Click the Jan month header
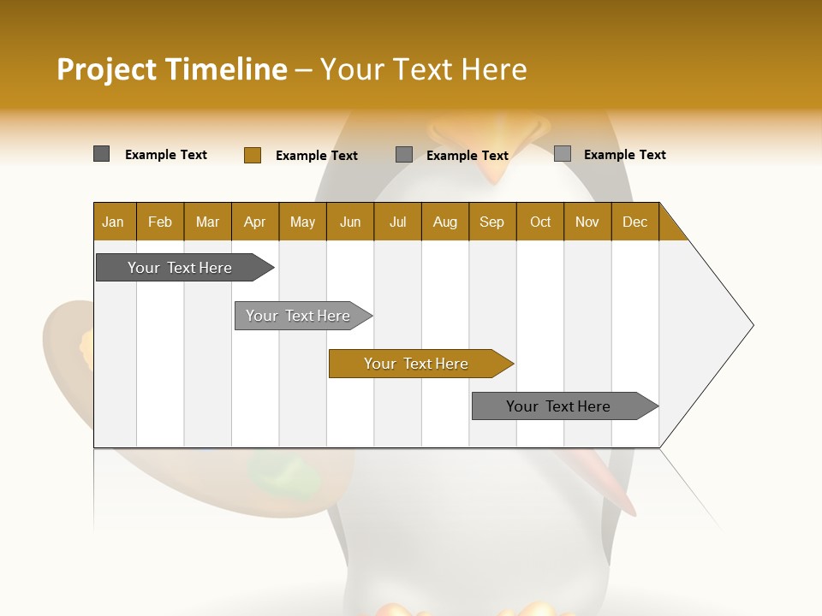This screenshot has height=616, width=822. (113, 222)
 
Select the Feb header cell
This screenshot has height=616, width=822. (160, 222)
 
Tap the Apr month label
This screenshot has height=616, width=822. (254, 222)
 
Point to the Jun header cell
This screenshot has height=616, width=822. (350, 222)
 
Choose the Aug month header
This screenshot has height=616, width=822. (444, 222)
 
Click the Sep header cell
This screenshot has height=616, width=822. (491, 222)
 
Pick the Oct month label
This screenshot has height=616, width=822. (540, 222)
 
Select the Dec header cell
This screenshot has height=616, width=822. (634, 222)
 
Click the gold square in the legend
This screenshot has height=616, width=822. (252, 155)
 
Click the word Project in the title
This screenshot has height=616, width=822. (107, 69)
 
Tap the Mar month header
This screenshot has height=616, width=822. (207, 222)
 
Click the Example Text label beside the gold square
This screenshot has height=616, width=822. (316, 155)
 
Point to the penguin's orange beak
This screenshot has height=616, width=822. (492, 154)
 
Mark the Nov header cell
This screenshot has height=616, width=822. (587, 222)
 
